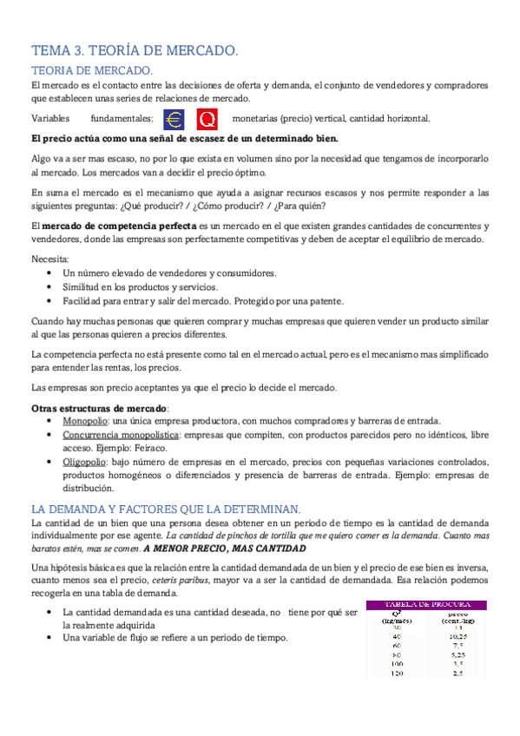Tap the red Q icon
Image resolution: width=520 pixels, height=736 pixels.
[207, 119]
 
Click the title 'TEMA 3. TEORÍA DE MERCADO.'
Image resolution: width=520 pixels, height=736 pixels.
[134, 51]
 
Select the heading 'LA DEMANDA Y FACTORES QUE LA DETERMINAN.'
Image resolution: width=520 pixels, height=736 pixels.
[165, 509]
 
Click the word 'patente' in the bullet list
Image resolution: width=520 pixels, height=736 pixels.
[326, 301]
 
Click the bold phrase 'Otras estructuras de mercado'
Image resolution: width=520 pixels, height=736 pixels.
[99, 406]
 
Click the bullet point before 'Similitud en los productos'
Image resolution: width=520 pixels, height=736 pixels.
[49, 287]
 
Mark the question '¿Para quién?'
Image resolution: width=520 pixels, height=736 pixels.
[300, 206]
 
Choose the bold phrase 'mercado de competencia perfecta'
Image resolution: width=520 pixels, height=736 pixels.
[102, 226]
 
